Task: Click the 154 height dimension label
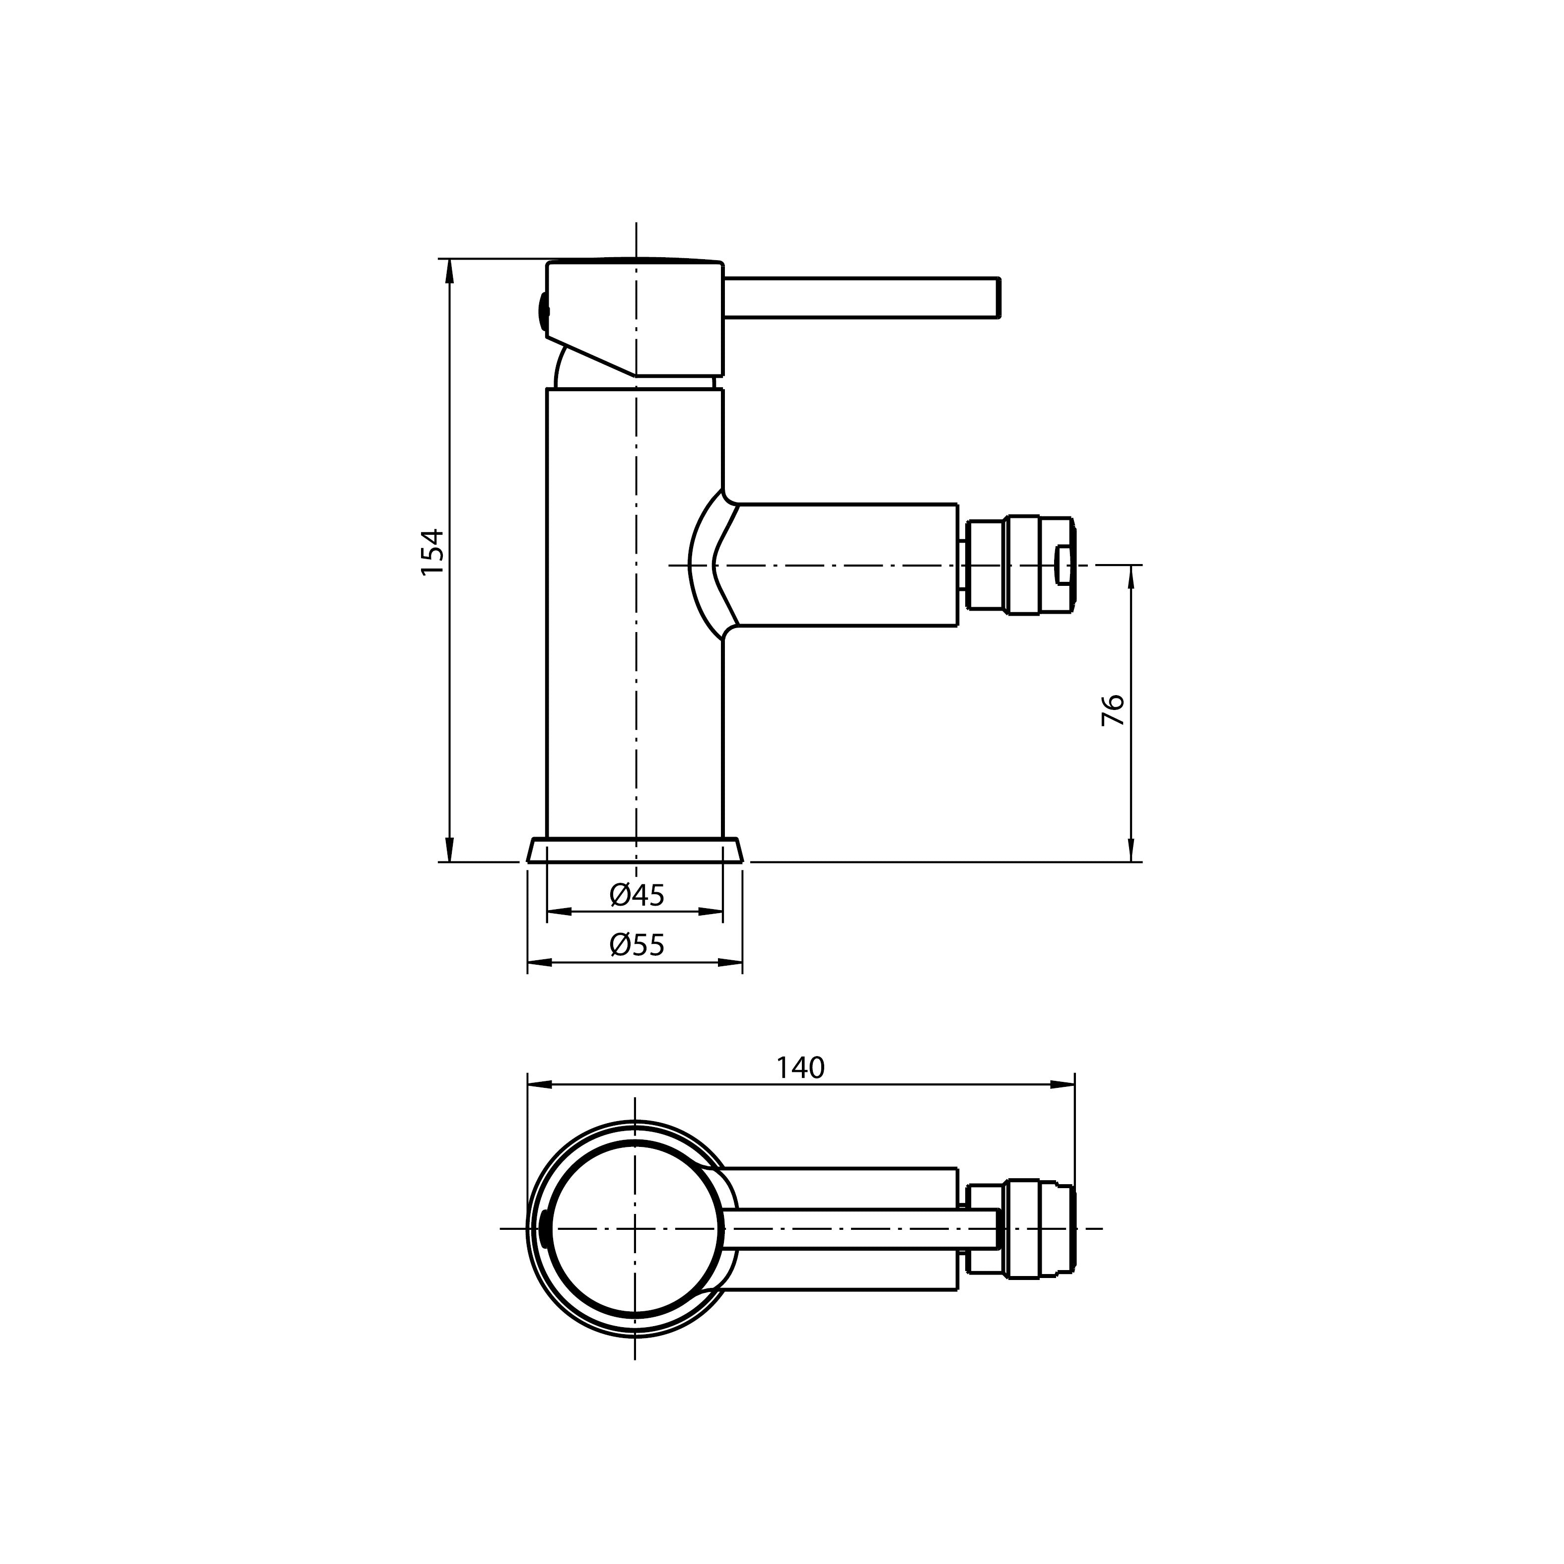433,552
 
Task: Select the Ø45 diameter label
637,895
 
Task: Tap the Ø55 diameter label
637,945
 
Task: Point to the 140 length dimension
800,1068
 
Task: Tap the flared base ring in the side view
635,850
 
